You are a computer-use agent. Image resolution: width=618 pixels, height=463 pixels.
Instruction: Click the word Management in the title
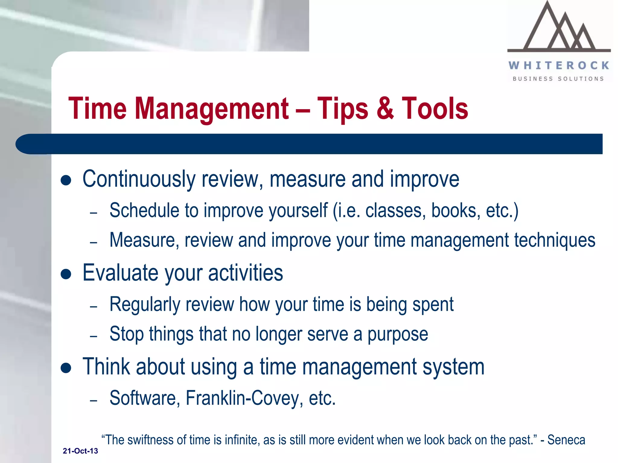211,109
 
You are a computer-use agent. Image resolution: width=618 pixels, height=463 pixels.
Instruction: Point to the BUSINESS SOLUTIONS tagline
558,79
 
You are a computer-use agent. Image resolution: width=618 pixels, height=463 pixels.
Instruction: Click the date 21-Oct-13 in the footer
80,451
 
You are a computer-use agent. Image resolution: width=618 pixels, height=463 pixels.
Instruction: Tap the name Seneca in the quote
566,440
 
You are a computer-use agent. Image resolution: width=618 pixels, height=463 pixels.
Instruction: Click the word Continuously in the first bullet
139,180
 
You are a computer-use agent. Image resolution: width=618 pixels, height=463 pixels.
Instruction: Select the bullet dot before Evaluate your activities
66,274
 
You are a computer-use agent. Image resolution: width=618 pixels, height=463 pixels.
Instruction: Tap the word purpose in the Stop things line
397,335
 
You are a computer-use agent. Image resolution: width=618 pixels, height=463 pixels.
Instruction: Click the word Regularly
145,304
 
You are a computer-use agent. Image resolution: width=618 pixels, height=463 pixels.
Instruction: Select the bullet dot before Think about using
66,368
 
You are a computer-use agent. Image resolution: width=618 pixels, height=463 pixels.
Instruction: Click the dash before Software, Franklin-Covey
94,401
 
